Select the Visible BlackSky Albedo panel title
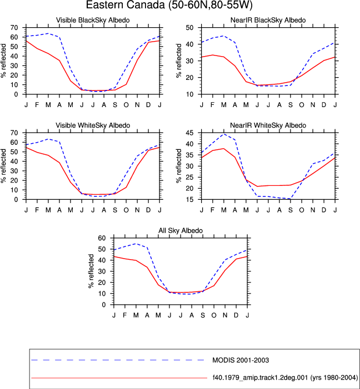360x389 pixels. [93, 20]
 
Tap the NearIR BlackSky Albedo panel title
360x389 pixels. [268, 20]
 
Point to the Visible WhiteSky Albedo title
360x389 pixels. [93, 125]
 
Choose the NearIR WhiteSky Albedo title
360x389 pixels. [268, 125]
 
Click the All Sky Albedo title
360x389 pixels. [181, 230]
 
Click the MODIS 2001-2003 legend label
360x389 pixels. [241, 360]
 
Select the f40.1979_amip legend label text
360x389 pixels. [285, 378]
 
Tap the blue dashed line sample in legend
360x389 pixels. [118, 360]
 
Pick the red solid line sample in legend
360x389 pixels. [119, 378]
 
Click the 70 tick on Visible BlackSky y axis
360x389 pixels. [14, 28]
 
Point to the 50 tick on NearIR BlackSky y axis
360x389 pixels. [189, 28]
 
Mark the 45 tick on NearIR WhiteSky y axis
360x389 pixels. [189, 133]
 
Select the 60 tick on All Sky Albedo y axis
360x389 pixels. [102, 238]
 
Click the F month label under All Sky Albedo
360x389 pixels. [124, 315]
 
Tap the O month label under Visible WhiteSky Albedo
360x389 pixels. [126, 210]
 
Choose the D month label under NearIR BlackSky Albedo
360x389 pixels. [324, 105]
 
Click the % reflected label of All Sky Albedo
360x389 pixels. [91, 271]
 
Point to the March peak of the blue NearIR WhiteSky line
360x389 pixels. [224, 134]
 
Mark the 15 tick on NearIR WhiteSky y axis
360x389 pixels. [189, 199]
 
